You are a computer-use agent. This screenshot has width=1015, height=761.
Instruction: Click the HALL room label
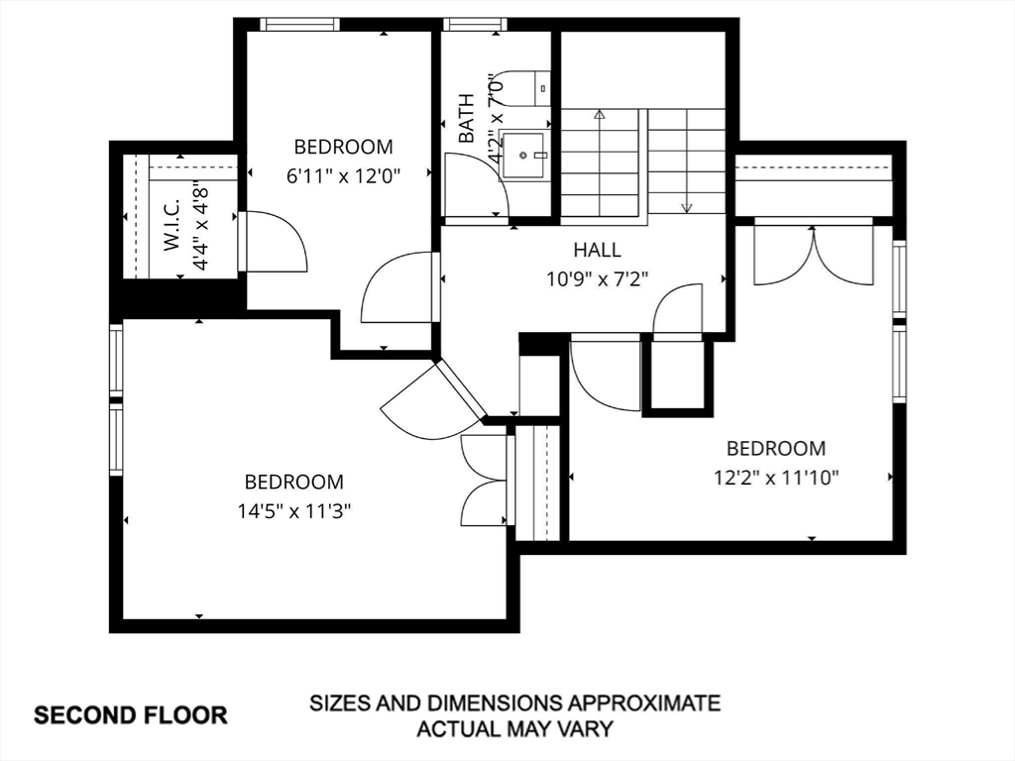[597, 250]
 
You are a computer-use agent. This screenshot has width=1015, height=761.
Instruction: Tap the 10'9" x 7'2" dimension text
[597, 279]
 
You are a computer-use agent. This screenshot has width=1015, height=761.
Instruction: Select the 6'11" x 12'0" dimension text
[344, 176]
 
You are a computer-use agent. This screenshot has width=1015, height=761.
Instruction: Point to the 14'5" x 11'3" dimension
[293, 512]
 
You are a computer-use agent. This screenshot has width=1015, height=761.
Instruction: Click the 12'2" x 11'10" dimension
[776, 479]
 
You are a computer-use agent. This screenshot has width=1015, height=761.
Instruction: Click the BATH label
[466, 119]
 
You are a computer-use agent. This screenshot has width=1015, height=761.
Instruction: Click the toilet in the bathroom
[525, 87]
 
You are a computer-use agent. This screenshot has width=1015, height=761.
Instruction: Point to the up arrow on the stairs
[600, 162]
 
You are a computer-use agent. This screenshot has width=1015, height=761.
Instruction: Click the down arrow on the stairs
[687, 161]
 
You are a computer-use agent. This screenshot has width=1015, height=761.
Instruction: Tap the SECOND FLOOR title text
[131, 715]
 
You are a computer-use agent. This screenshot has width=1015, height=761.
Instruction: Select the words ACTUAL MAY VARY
[514, 729]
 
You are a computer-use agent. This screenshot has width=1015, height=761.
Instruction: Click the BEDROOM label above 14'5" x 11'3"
[293, 483]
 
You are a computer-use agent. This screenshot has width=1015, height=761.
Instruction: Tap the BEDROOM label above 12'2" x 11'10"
[776, 449]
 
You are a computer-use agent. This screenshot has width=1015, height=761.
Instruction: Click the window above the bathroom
[475, 24]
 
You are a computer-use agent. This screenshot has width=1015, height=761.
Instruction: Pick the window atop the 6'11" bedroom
[299, 24]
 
